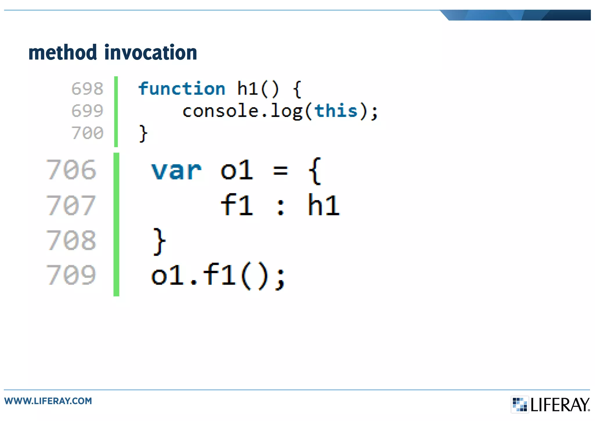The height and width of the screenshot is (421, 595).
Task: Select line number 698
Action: click(87, 89)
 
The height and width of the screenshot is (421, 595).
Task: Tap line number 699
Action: click(87, 111)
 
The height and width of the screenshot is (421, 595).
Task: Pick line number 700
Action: click(87, 133)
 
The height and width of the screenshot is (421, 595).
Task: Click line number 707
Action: click(71, 205)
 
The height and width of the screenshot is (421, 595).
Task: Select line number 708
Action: click(71, 240)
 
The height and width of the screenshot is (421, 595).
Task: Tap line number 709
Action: click(71, 275)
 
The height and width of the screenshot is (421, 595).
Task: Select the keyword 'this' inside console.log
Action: click(336, 111)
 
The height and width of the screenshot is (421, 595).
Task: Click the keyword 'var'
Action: click(176, 171)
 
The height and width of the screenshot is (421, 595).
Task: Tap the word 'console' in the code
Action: click(220, 111)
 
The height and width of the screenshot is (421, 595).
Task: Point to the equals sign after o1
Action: click(280, 171)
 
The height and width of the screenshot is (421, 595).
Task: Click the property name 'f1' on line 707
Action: click(237, 205)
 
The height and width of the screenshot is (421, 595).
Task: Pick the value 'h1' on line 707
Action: click(323, 205)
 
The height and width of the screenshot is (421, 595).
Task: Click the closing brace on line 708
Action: click(159, 241)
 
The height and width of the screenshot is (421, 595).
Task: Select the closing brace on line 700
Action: click(143, 134)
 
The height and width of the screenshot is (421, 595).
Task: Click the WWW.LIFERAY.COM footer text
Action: click(48, 401)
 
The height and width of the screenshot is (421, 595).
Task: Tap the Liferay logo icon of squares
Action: click(519, 404)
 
